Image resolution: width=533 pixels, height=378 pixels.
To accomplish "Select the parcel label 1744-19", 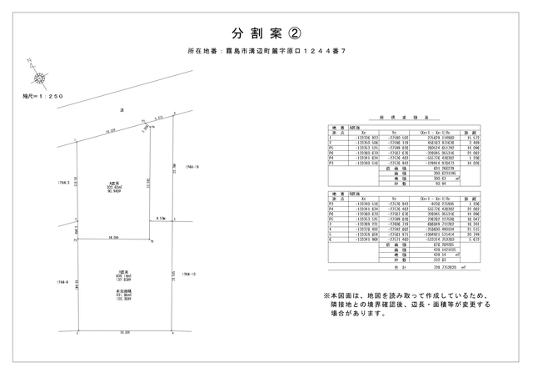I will (190, 166).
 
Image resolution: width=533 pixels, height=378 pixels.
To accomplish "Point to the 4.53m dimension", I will (161, 219).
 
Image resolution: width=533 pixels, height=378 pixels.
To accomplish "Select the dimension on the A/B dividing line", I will (113, 237).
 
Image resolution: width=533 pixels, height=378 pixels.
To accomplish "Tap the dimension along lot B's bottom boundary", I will (124, 331).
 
